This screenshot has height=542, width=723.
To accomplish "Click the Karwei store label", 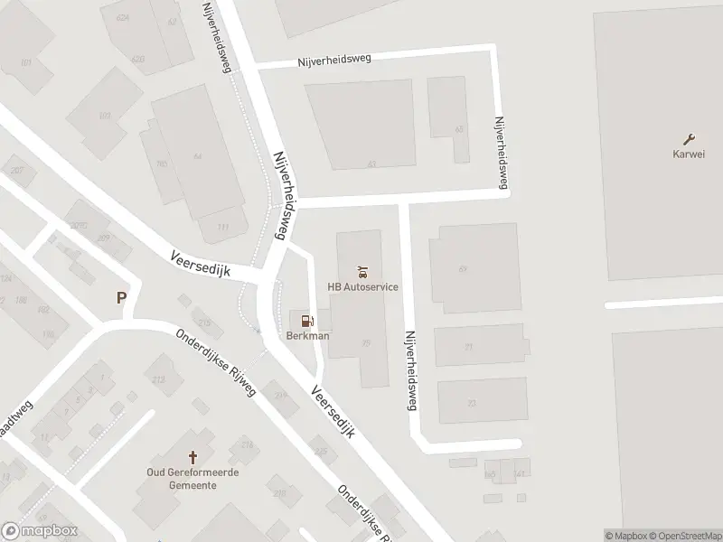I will pyautogui.click(x=690, y=153).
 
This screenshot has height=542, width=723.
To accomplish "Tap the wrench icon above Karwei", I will pyautogui.click(x=690, y=138).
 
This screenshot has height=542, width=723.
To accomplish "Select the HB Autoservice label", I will pyautogui.click(x=362, y=287).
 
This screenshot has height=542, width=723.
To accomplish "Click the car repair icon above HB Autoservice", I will pyautogui.click(x=362, y=271).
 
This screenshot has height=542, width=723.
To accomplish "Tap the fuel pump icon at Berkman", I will pyautogui.click(x=307, y=321).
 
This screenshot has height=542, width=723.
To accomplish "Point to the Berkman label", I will pyautogui.click(x=307, y=336).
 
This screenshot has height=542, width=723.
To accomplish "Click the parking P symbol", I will pyautogui.click(x=121, y=297).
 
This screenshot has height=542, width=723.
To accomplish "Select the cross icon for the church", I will pyautogui.click(x=192, y=458).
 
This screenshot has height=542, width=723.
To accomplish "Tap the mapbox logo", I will pyautogui.click(x=40, y=531).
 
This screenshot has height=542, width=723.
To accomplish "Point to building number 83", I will pyautogui.click(x=371, y=164).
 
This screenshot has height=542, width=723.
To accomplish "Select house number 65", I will pyautogui.click(x=459, y=129).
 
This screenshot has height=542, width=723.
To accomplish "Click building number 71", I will pyautogui.click(x=468, y=347).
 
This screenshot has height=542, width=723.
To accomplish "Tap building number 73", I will pyautogui.click(x=469, y=403).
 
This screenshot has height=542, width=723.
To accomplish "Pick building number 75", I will pyautogui.click(x=365, y=342).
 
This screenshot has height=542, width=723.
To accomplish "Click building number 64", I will pyautogui.click(x=197, y=156).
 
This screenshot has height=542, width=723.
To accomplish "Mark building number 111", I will pyautogui.click(x=222, y=227).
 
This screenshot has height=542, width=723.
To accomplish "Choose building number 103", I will pyautogui.click(x=105, y=116).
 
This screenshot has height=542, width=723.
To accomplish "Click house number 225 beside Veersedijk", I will pyautogui.click(x=320, y=451).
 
